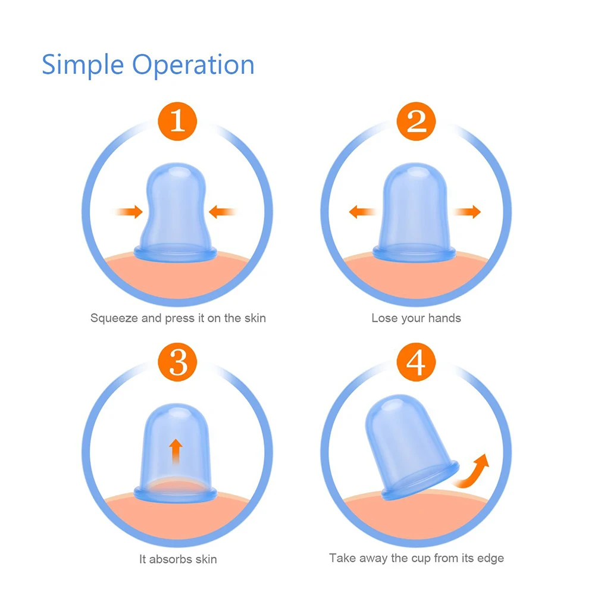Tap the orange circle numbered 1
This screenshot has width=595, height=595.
tap(177, 121)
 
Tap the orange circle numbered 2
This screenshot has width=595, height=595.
tap(416, 121)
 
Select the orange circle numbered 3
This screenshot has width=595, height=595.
tap(177, 361)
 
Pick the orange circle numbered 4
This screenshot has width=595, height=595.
tap(416, 361)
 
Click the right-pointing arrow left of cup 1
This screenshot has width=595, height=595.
tap(130, 211)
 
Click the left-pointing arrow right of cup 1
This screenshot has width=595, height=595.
tap(223, 211)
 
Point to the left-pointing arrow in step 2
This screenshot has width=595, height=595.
tap(362, 211)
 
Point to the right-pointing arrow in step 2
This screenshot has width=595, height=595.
tap(467, 211)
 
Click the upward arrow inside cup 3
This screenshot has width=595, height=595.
tap(176, 452)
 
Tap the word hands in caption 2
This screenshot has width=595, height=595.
tap(446, 318)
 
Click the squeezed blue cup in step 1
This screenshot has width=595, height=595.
tap(176, 208)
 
